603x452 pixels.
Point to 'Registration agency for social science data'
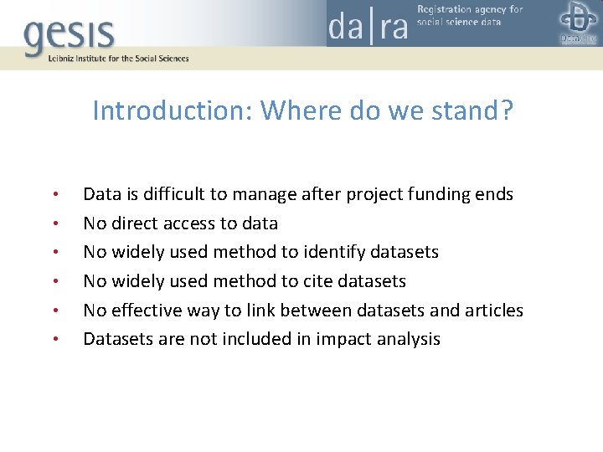click(469, 15)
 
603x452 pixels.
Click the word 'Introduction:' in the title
click(173, 110)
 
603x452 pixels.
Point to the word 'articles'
click(494, 311)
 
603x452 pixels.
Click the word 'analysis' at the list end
click(409, 339)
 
